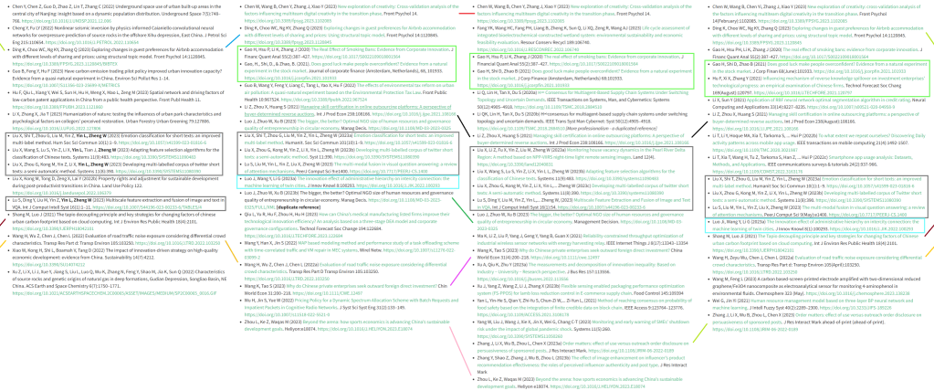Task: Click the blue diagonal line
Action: [233, 39]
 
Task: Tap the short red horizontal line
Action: [466, 13]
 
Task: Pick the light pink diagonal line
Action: [459, 350]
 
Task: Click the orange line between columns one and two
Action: [233, 251]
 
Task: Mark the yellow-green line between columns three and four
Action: [700, 333]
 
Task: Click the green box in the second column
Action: [346, 64]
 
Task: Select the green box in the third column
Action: [582, 70]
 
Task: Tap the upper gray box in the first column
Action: [114, 153]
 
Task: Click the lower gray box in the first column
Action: [114, 203]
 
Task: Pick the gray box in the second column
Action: [346, 152]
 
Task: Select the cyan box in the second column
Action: [347, 181]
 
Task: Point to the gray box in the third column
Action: [582, 178]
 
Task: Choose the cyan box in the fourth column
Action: [815, 224]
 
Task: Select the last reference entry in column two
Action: [347, 325]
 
